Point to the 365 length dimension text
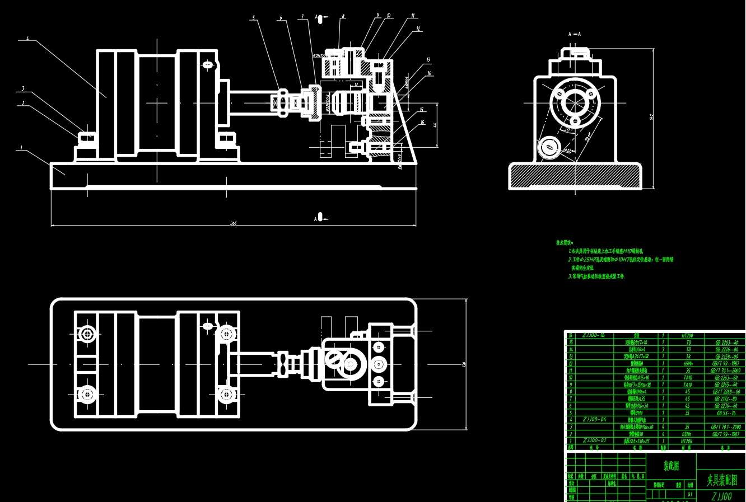pyautogui.click(x=233, y=223)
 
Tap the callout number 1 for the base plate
pyautogui.click(x=21, y=148)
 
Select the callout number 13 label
pyautogui.click(x=428, y=60)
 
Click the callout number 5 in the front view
pyautogui.click(x=253, y=18)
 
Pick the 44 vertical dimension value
pyautogui.click(x=435, y=124)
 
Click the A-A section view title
pyautogui.click(x=575, y=34)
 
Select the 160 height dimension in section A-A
pyautogui.click(x=651, y=116)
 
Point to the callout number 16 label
pyautogui.click(x=422, y=123)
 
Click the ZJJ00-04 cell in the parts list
pyautogui.click(x=594, y=419)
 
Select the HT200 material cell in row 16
pyautogui.click(x=688, y=335)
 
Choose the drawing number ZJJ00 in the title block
pyautogui.click(x=721, y=496)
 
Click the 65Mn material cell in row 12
pyautogui.click(x=688, y=363)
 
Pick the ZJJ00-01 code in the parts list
pyautogui.click(x=594, y=440)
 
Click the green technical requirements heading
pyautogui.click(x=565, y=243)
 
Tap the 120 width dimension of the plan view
pyautogui.click(x=464, y=364)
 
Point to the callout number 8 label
pyautogui.click(x=343, y=17)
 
